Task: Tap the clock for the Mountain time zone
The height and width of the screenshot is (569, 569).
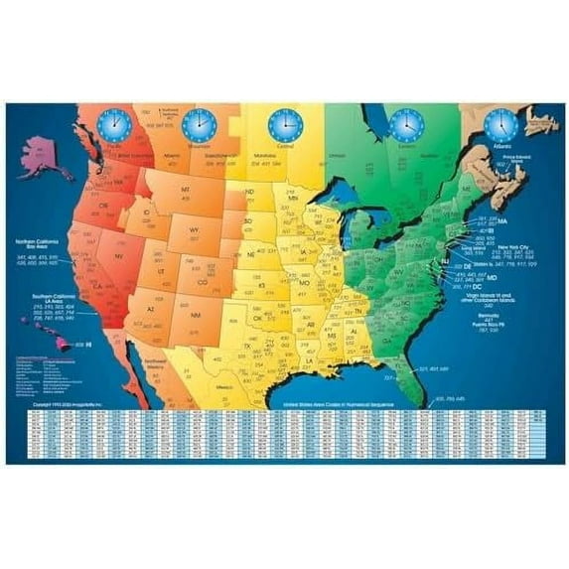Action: pyautogui.click(x=199, y=124)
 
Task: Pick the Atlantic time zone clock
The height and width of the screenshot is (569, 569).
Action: pyautogui.click(x=499, y=125)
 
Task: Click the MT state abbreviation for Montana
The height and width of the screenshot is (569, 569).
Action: pyautogui.click(x=185, y=188)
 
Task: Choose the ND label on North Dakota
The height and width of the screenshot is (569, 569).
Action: pyautogui.click(x=250, y=192)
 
